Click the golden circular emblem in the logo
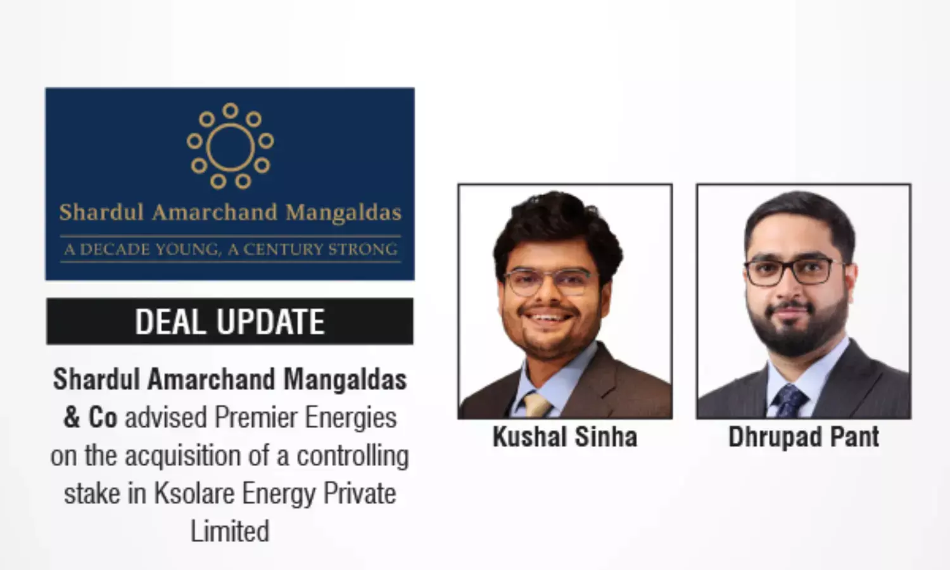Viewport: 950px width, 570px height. (x=230, y=146)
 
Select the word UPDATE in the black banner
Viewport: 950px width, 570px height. (x=270, y=322)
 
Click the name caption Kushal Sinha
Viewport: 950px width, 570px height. (x=565, y=437)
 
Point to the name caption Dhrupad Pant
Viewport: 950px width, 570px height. (x=804, y=437)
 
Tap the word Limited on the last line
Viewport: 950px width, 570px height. (x=230, y=531)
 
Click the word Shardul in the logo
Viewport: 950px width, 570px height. (x=102, y=212)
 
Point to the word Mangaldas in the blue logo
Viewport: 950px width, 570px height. (x=343, y=213)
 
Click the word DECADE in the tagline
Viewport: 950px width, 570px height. (x=116, y=250)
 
